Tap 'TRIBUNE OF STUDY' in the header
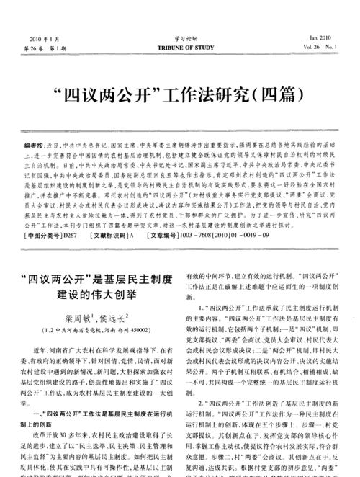[x=180, y=47]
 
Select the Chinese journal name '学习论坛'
[x=180, y=37]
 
